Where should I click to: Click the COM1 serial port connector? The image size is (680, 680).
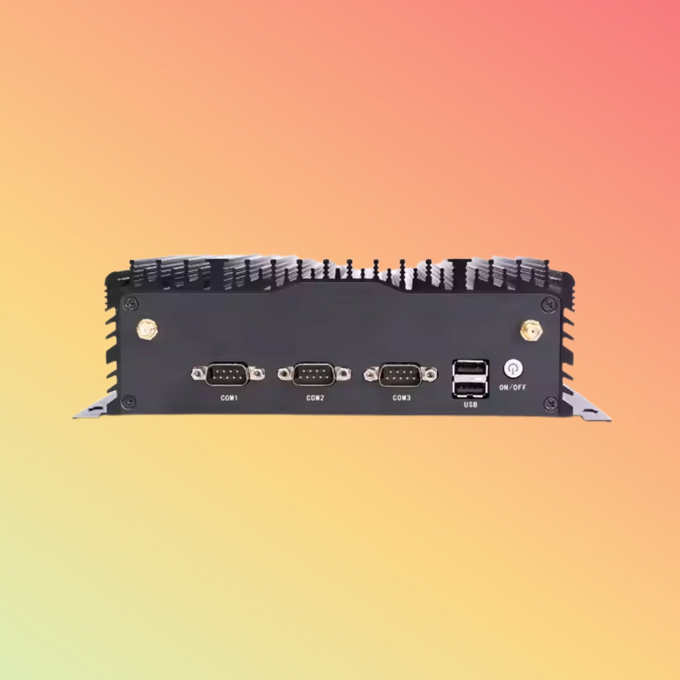(x=228, y=374)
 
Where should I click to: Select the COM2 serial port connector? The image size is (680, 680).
(x=314, y=374)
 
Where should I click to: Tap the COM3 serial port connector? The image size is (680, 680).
(x=400, y=374)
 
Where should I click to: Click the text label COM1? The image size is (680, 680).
(x=229, y=398)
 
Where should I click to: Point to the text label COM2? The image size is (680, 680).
(x=315, y=398)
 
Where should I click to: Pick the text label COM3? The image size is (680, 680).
(x=401, y=398)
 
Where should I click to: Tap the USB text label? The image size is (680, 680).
(x=470, y=405)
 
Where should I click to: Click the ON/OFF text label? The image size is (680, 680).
(x=512, y=388)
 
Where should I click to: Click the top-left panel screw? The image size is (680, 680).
(x=130, y=304)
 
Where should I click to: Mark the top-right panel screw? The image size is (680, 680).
(x=548, y=304)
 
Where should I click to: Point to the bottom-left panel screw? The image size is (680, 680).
(x=128, y=402)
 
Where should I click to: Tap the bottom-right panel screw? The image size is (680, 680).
(x=550, y=403)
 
